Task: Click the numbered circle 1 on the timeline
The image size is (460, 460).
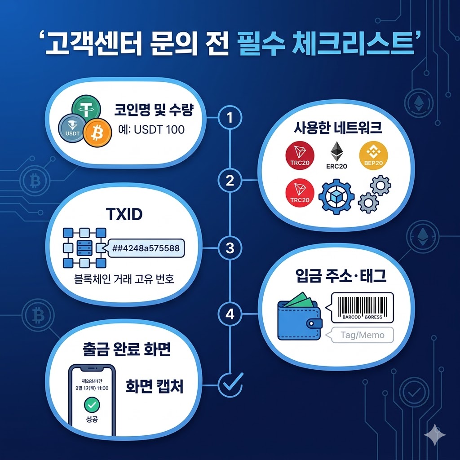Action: [x=230, y=118]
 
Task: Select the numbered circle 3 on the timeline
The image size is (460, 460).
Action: [x=230, y=248]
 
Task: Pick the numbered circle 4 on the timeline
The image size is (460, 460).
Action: [x=230, y=314]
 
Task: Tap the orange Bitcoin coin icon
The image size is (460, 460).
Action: [x=97, y=133]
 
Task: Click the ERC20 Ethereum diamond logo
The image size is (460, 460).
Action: [x=336, y=153]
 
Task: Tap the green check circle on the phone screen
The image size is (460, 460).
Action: [x=92, y=405]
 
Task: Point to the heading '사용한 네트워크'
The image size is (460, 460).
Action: [x=338, y=129]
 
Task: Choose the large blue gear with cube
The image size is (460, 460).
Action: [x=336, y=197]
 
